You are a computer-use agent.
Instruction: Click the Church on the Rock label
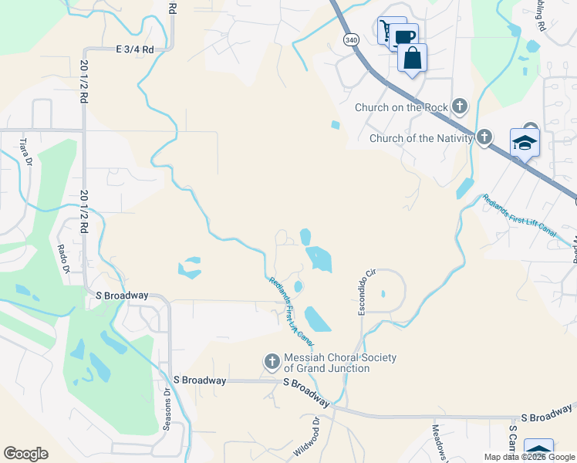401,107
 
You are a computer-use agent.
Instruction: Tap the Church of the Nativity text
420,139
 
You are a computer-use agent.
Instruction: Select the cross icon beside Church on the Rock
460,106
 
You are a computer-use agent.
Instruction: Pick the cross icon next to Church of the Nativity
484,138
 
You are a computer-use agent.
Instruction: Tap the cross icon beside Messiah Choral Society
272,361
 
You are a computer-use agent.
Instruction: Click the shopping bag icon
413,58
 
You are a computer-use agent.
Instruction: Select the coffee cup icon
404,36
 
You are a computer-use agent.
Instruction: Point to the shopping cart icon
385,30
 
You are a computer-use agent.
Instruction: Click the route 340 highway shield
352,39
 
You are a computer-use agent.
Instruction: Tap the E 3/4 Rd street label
135,49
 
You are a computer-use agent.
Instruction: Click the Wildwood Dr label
306,438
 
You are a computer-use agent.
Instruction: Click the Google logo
25,454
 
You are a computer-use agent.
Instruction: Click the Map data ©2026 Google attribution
528,457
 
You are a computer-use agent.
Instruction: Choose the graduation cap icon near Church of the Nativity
525,142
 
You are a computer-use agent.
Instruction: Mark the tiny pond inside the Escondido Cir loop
383,293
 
